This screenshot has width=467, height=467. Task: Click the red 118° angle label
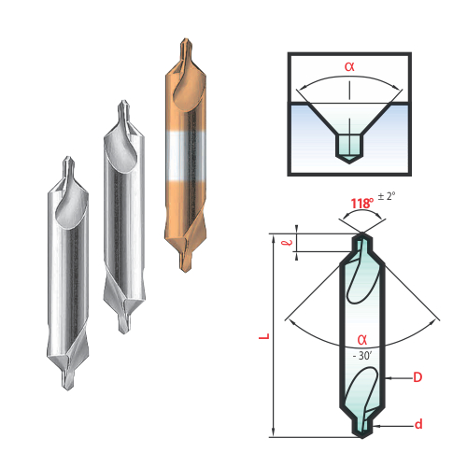click(362, 204)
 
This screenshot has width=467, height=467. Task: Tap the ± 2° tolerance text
click(387, 196)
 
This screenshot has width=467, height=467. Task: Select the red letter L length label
click(264, 336)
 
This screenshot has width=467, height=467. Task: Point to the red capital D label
click(417, 377)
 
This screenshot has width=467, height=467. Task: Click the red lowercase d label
click(418, 424)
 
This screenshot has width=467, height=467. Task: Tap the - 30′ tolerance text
click(362, 356)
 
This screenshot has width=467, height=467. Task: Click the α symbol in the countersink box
click(349, 66)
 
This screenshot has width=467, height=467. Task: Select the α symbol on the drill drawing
click(362, 340)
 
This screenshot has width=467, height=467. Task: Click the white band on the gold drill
click(186, 156)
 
